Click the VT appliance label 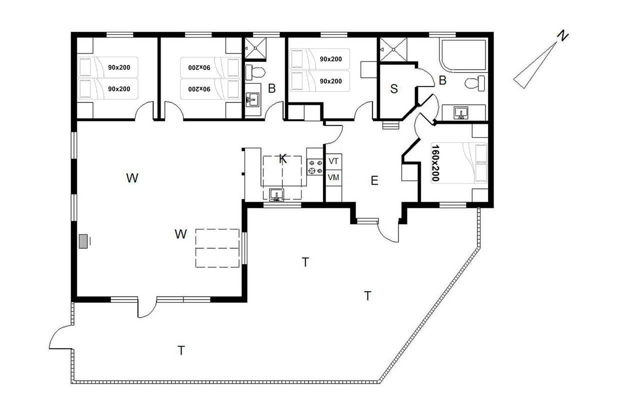333,161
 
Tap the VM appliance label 333,177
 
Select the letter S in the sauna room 394,88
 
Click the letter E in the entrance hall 374,180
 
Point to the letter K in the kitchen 283,159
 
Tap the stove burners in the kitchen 315,167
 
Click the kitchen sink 276,195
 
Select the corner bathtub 463,56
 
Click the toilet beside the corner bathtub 475,83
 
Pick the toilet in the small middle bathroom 255,72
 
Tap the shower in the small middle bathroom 255,48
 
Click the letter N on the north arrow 563,36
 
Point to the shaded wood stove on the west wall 83,241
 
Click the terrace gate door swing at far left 60,337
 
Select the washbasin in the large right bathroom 461,113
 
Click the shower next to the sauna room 393,49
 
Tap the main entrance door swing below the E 388,231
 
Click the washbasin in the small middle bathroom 252,99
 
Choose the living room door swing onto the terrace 147,308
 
